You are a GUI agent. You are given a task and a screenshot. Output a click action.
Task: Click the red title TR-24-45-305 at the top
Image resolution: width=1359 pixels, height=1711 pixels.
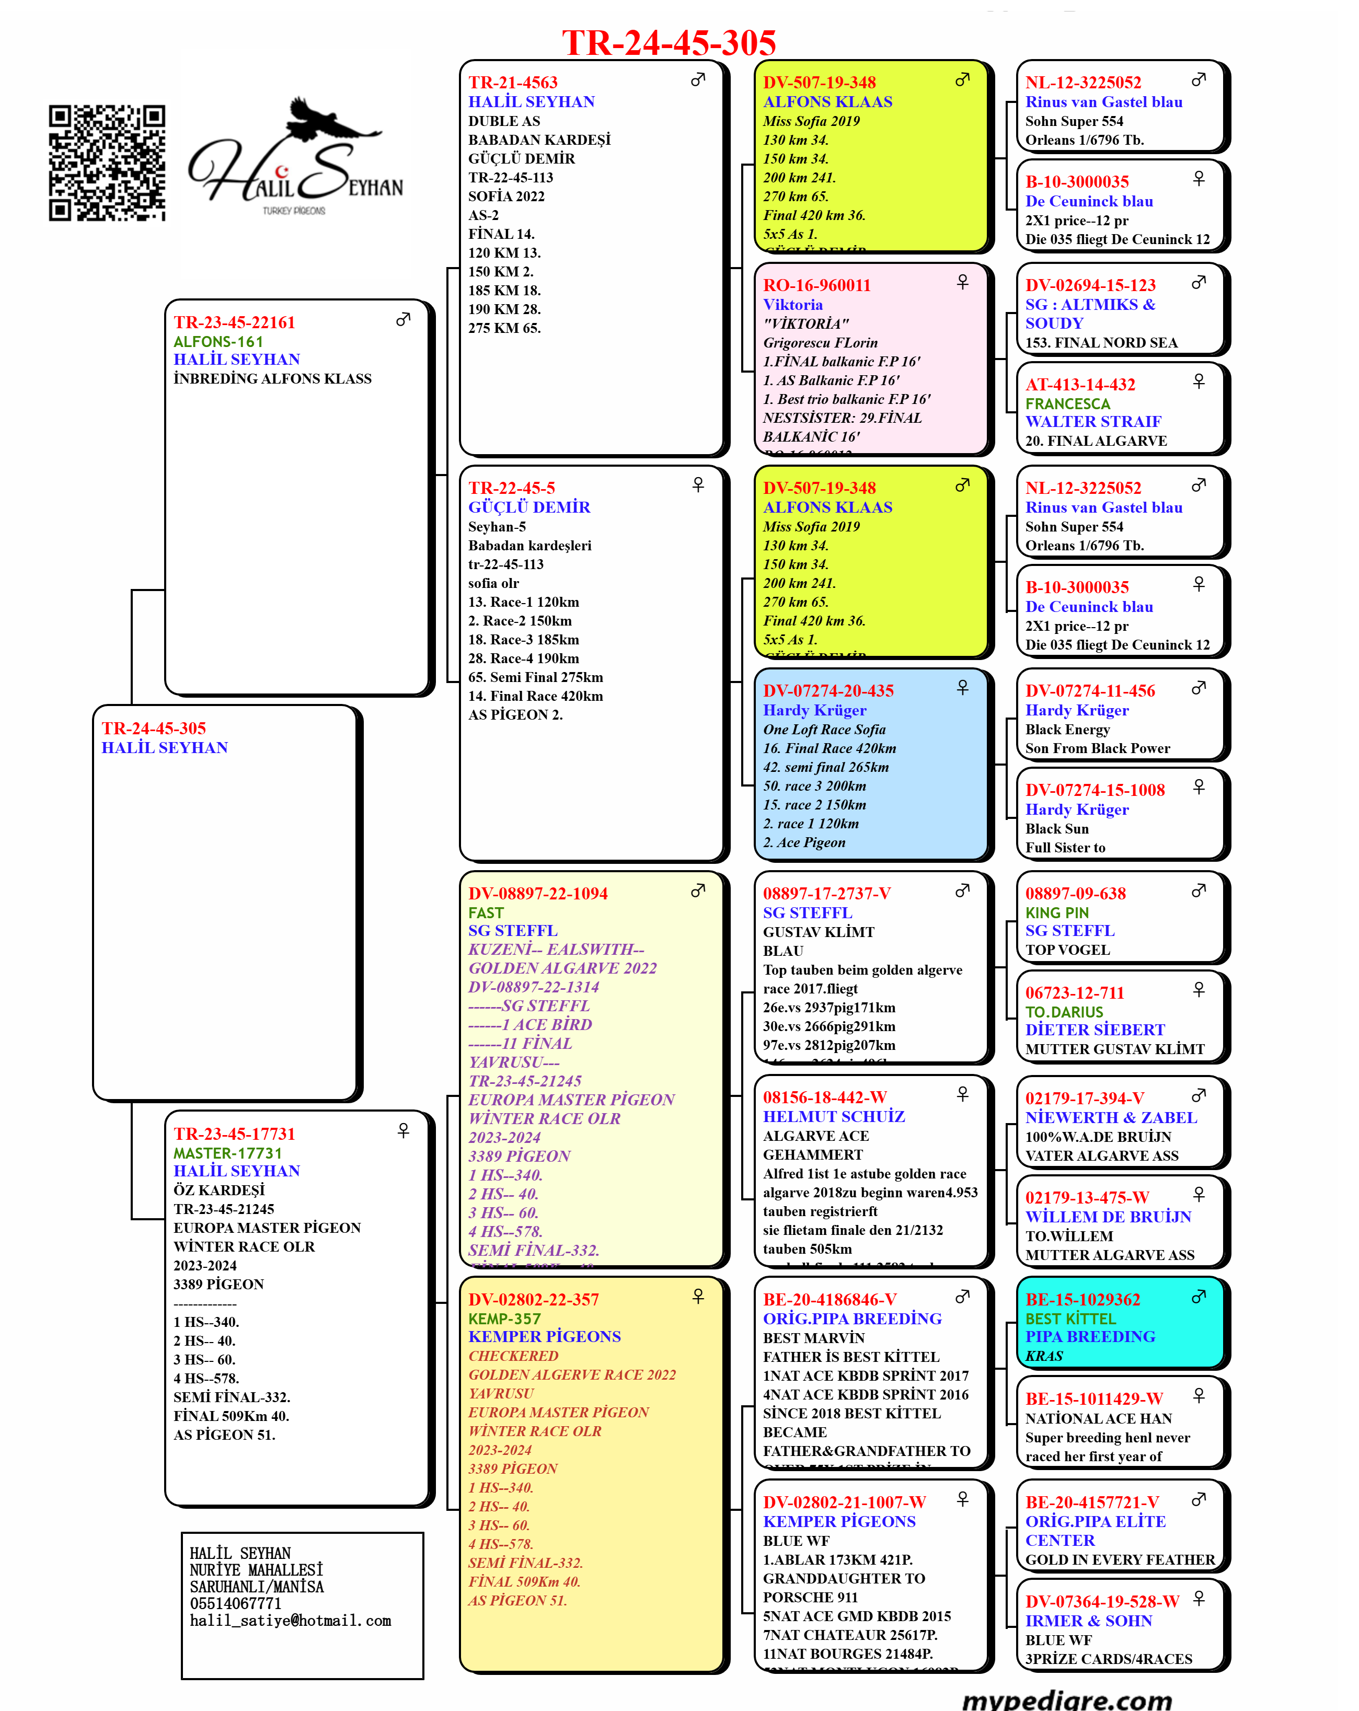[x=669, y=43]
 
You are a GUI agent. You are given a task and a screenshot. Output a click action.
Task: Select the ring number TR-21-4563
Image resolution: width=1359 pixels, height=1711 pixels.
[x=513, y=83]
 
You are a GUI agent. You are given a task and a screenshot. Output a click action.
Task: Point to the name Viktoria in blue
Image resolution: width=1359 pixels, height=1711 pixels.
[x=792, y=305]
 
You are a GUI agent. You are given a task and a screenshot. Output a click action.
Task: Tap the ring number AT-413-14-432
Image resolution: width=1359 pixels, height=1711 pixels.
[x=1080, y=385]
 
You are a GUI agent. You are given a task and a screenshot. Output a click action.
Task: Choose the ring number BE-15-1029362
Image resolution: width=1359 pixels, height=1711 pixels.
[x=1082, y=1300]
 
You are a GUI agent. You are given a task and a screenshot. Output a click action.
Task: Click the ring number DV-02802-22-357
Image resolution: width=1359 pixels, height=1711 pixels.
[x=534, y=1300]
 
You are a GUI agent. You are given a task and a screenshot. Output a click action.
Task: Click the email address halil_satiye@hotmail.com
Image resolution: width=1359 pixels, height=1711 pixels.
[x=291, y=1621]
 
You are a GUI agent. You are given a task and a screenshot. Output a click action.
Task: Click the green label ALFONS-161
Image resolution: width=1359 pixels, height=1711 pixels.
[x=218, y=342]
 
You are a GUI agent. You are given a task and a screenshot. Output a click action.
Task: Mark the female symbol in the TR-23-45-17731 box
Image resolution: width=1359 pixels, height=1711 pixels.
[x=403, y=1130]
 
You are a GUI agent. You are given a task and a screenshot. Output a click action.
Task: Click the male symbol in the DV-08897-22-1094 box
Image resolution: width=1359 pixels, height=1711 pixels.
[x=698, y=891]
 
